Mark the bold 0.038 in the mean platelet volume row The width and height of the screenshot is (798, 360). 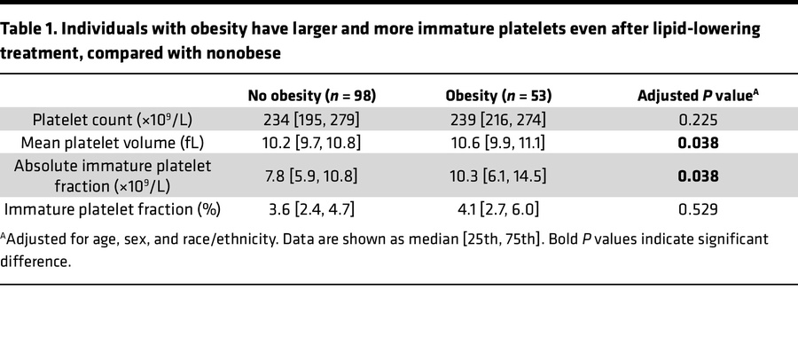(x=697, y=143)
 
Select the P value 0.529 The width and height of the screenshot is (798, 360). (x=697, y=209)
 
